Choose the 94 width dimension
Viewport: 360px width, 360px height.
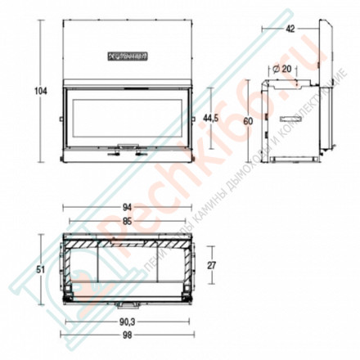pos(127,207)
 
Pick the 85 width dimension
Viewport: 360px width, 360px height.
pos(127,220)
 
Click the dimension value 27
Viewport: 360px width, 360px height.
pos(213,264)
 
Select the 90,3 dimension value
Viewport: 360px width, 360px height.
pos(127,322)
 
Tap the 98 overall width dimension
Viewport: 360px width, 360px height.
pos(127,335)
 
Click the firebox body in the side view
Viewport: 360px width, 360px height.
pos(286,119)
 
